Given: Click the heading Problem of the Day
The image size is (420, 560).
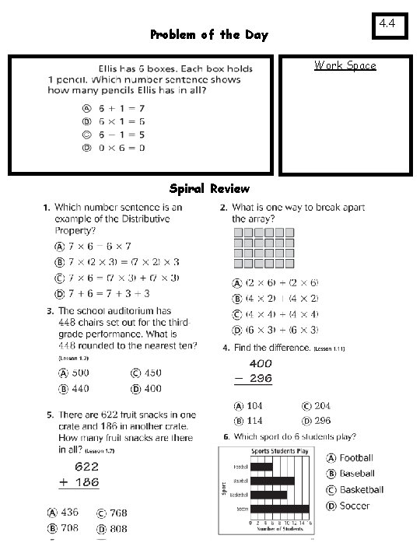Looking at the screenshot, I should pos(209,35).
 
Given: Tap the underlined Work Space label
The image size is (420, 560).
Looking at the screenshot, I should pos(345,65).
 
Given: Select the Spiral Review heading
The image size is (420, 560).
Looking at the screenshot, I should pos(209,189).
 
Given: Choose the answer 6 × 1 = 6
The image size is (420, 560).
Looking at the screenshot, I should pos(121,121).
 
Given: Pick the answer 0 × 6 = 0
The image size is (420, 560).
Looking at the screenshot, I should pos(121,148).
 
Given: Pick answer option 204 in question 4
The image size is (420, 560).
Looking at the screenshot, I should pos(317,406).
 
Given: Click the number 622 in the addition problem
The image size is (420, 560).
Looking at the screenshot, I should pos(86,467).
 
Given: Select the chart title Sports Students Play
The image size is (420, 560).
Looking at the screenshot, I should pos(278,451).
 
